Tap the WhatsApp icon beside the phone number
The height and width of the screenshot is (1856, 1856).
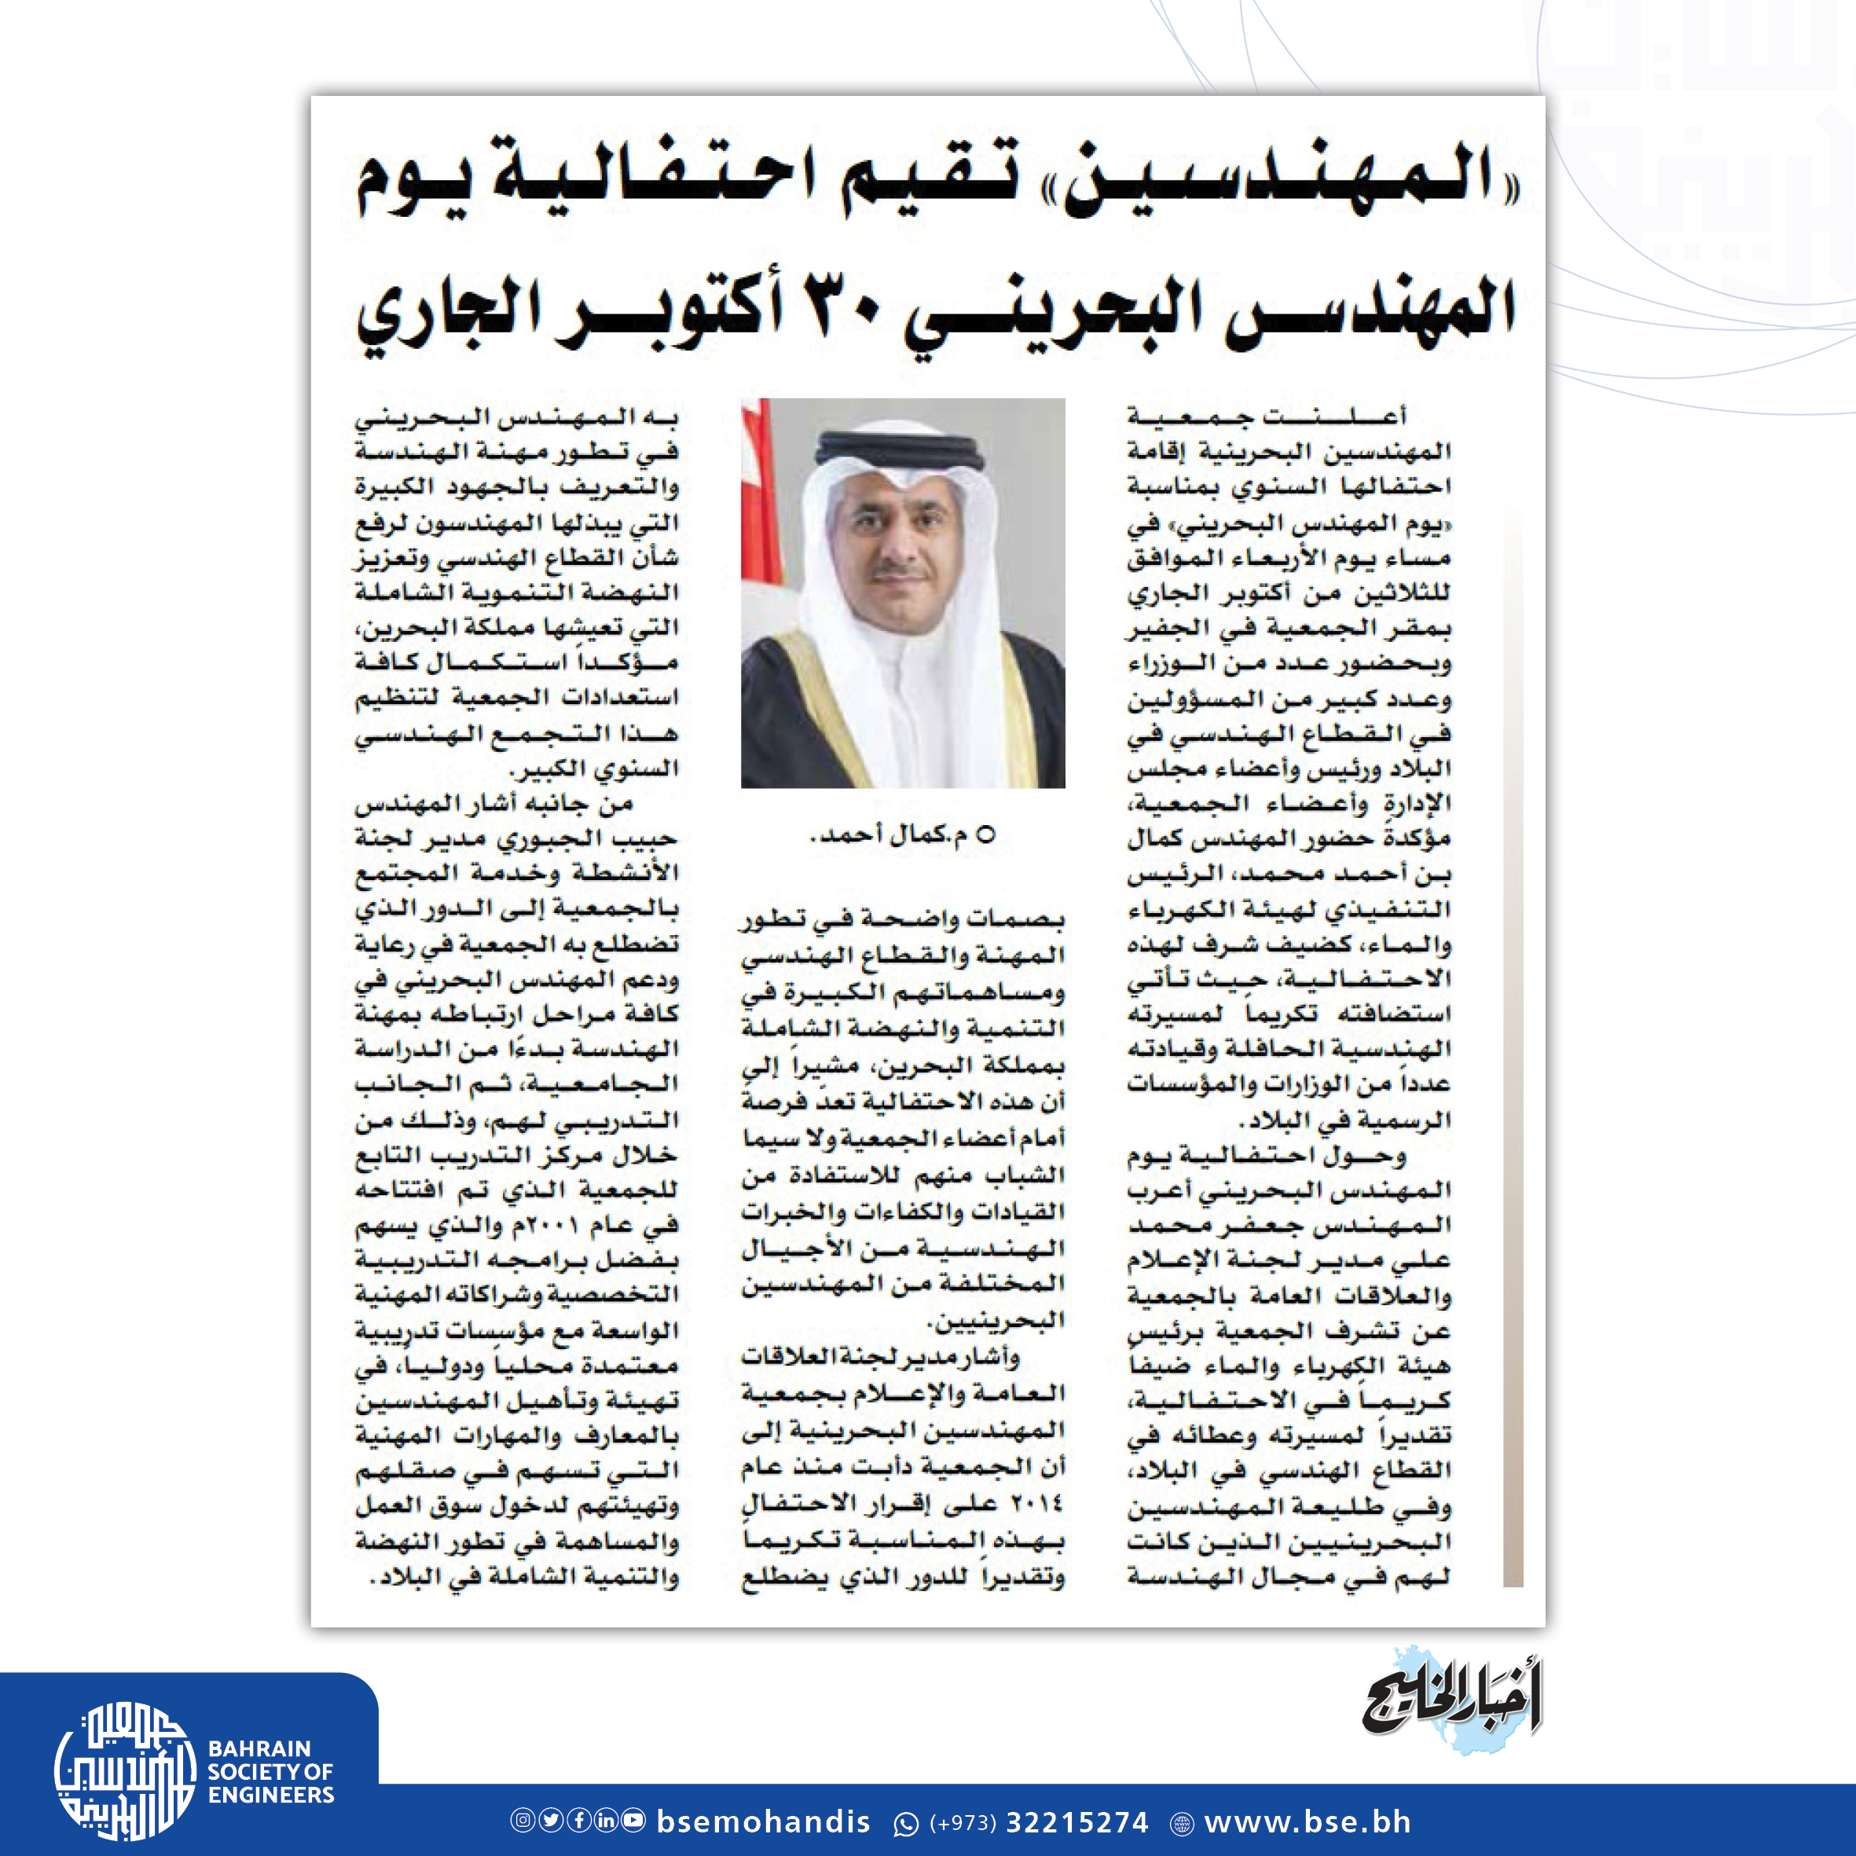tap(906, 1822)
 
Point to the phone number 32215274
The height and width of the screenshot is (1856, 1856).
tap(1077, 1822)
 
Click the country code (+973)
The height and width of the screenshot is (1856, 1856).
tap(963, 1822)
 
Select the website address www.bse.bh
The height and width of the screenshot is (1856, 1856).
tap(1308, 1821)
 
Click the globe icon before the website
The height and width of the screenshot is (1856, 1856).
tap(1183, 1823)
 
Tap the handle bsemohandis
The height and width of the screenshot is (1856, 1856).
tap(763, 1821)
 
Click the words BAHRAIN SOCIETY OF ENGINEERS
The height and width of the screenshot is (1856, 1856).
tap(271, 1771)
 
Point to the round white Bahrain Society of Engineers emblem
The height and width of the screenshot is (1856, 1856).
tap(124, 1770)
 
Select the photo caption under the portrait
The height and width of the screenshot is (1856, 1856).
tap(903, 834)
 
